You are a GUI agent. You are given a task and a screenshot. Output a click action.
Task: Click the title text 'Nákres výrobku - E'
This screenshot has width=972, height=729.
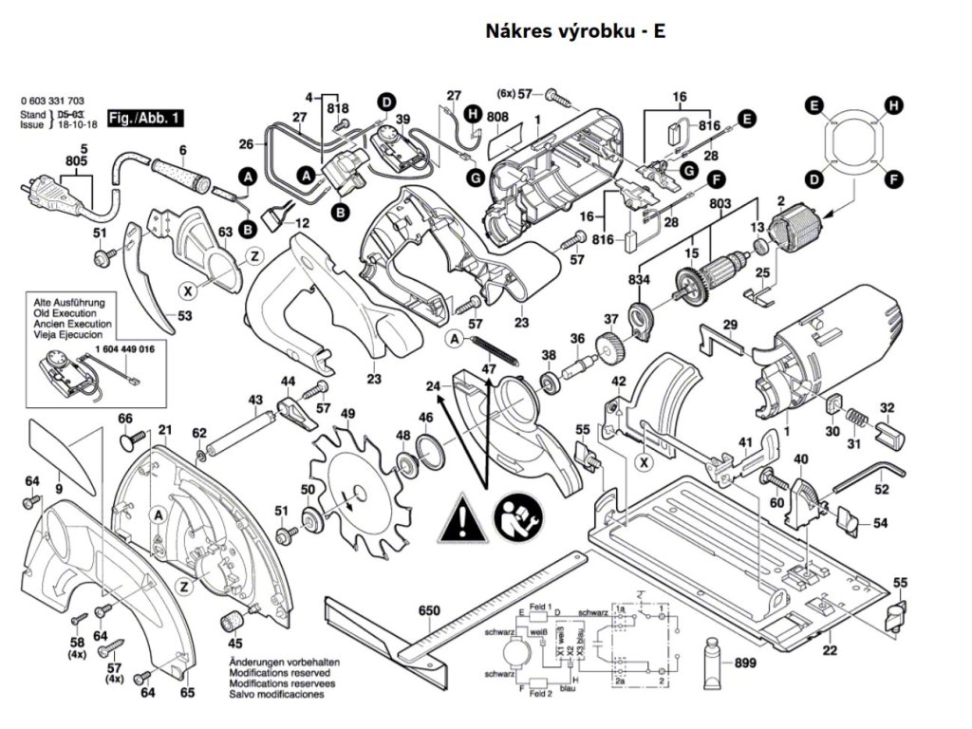click(575, 31)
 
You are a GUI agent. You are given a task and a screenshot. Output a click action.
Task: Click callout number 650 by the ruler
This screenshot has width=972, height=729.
click(430, 612)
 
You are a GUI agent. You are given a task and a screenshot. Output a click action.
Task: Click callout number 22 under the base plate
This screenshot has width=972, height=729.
click(830, 650)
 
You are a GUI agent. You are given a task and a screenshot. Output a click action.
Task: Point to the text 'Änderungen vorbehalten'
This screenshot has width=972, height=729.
click(284, 662)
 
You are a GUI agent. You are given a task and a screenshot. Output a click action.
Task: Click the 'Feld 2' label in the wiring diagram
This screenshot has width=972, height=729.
click(540, 695)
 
